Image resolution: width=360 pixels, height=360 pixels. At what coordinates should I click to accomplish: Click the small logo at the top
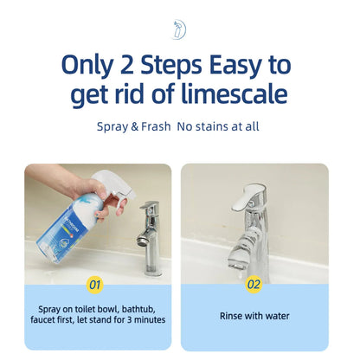coord(180,29)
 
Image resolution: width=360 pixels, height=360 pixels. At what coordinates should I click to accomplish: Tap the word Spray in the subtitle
coord(110,126)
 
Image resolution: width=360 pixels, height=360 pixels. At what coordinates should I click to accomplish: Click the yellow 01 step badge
coord(97,283)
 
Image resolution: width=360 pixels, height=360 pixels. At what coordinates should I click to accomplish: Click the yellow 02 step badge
coord(254,283)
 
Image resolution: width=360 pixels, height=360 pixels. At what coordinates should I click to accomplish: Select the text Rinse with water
coord(254,316)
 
